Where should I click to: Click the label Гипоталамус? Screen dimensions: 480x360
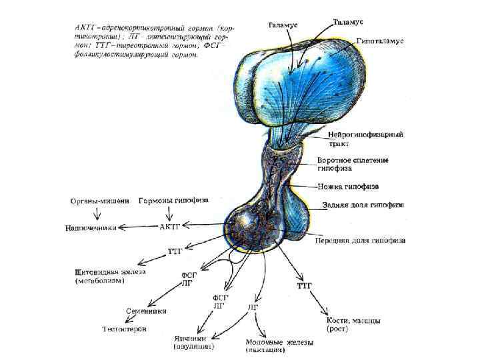point(380,41)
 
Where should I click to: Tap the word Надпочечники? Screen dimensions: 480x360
point(91,227)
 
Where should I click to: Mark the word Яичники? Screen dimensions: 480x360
point(189,338)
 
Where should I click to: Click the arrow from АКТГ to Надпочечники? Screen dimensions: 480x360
point(138,227)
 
